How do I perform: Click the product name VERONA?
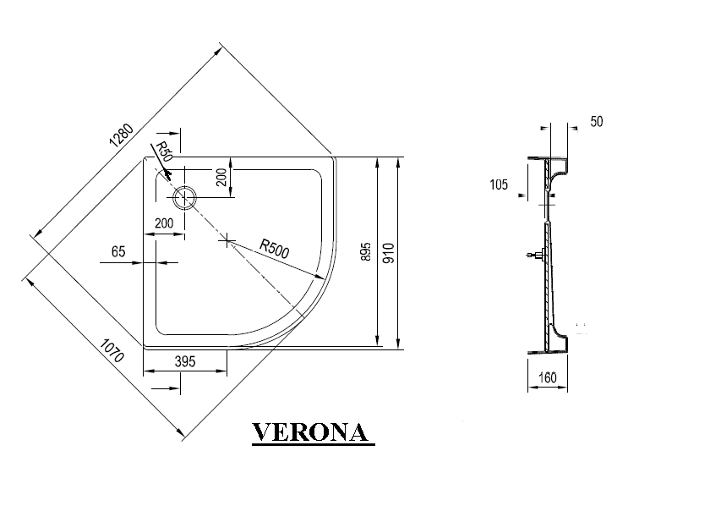coord(313,432)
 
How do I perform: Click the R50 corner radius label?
coord(163,152)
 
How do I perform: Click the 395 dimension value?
coord(184,361)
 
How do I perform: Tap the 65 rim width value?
coord(117,251)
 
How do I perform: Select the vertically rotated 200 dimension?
coord(221,178)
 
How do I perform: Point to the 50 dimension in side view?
coord(597,121)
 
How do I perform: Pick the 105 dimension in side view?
coord(499,184)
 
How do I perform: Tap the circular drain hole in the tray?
coord(184,199)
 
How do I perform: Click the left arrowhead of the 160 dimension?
coord(532,388)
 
